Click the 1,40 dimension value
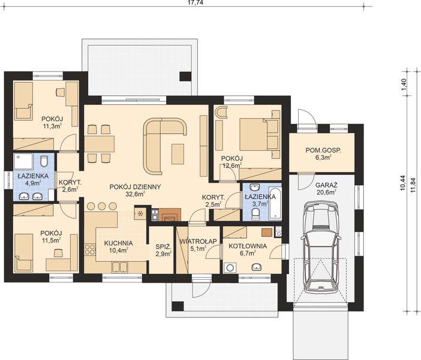[x=404, y=85]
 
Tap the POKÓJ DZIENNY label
[x=135, y=187]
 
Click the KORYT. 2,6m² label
[x=70, y=185]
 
